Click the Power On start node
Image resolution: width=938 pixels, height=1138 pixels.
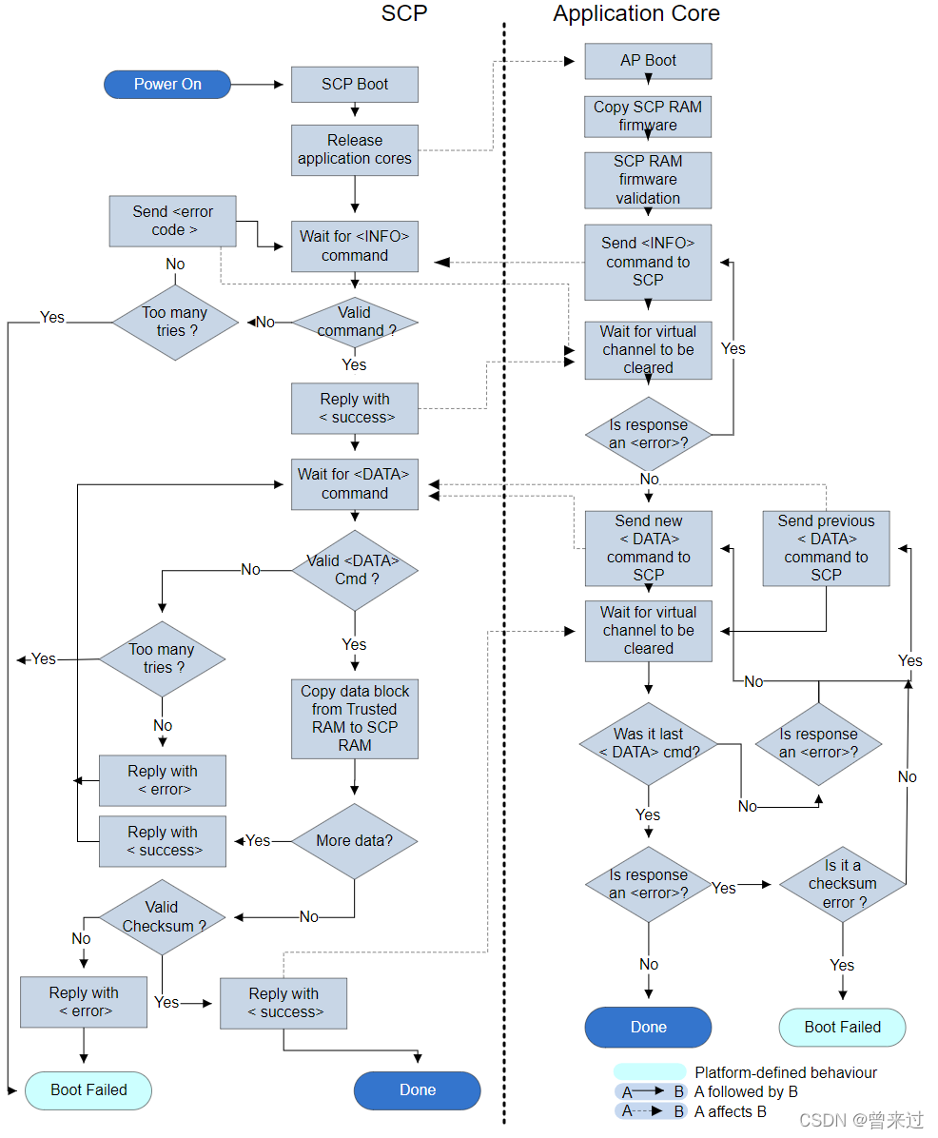click(167, 85)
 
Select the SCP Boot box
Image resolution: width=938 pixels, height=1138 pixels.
click(355, 85)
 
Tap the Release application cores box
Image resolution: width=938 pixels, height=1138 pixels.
click(355, 150)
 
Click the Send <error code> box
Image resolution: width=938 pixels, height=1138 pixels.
click(172, 221)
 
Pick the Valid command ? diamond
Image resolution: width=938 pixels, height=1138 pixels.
click(355, 322)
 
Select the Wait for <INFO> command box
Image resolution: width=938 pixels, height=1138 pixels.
click(355, 246)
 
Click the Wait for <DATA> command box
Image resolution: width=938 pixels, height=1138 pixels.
click(355, 483)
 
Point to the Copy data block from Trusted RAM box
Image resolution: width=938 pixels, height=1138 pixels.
click(355, 718)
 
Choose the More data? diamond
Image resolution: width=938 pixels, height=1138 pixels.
click(355, 841)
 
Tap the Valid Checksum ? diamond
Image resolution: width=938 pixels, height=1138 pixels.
click(162, 917)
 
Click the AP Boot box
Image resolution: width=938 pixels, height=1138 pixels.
click(648, 61)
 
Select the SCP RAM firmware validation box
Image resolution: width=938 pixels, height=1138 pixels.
click(648, 180)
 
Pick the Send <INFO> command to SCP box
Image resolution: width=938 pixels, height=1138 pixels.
click(648, 262)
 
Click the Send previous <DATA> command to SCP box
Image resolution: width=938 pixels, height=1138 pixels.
click(826, 548)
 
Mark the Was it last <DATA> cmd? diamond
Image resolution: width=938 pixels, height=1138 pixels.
click(649, 743)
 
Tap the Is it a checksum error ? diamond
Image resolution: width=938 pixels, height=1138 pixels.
click(842, 884)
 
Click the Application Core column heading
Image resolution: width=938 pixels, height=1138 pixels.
click(636, 14)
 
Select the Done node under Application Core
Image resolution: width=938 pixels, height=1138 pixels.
click(648, 1028)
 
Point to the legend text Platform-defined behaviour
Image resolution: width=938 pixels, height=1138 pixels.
click(786, 1072)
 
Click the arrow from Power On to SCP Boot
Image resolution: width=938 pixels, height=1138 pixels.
click(257, 85)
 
